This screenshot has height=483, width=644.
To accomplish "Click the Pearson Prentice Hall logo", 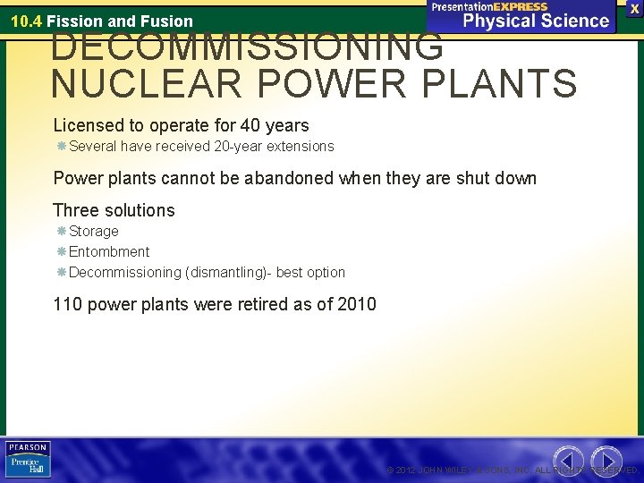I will [29, 459].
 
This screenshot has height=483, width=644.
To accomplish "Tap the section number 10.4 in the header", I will [26, 21].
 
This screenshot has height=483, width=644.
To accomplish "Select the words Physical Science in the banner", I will [533, 21].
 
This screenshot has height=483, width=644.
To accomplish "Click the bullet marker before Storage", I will [61, 232].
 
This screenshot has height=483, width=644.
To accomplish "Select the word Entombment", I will [109, 251].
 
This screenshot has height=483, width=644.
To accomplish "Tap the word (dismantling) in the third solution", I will [225, 272].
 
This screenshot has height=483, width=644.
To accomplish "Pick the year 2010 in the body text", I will [358, 304].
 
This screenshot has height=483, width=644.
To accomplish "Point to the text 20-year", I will [241, 146].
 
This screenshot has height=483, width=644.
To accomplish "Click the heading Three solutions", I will [114, 210].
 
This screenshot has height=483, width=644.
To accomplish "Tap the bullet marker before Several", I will [61, 146].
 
